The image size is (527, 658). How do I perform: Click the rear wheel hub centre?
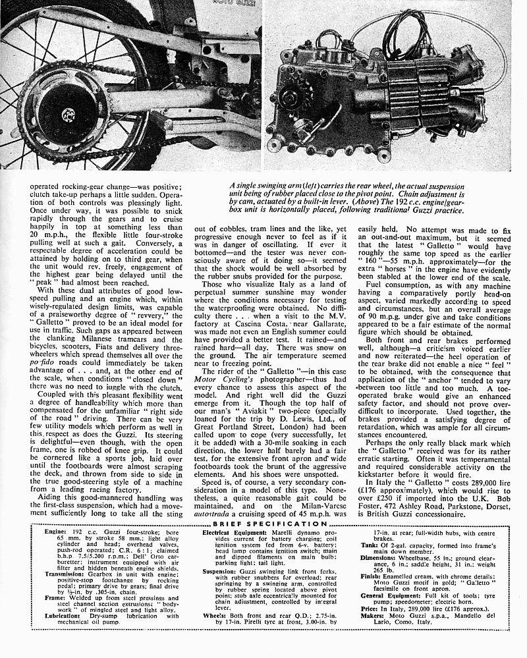(x=68, y=116)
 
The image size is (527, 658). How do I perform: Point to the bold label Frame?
(x=40, y=597)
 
